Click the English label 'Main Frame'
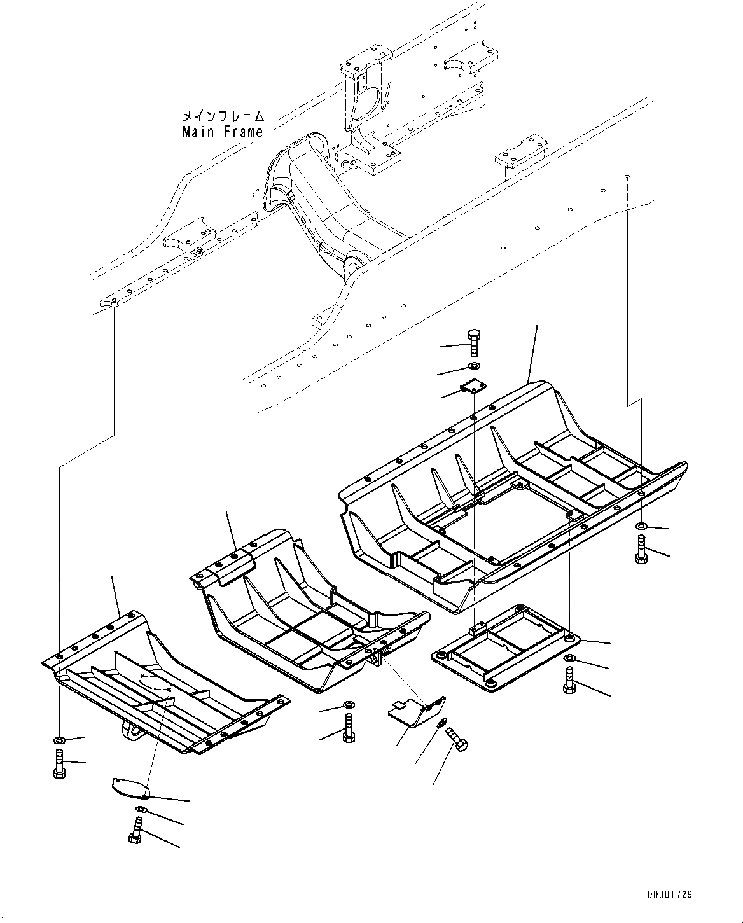pyautogui.click(x=222, y=132)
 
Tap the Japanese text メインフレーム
pyautogui.click(x=222, y=116)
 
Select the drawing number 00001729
pyautogui.click(x=669, y=894)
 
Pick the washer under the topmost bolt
pyautogui.click(x=473, y=366)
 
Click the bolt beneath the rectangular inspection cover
pyautogui.click(x=569, y=681)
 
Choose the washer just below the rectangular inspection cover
pyautogui.click(x=569, y=657)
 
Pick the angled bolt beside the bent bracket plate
pyautogui.click(x=457, y=739)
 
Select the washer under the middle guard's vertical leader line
pyautogui.click(x=349, y=704)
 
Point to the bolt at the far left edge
pyautogui.click(x=59, y=762)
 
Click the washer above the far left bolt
pyautogui.click(x=59, y=740)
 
